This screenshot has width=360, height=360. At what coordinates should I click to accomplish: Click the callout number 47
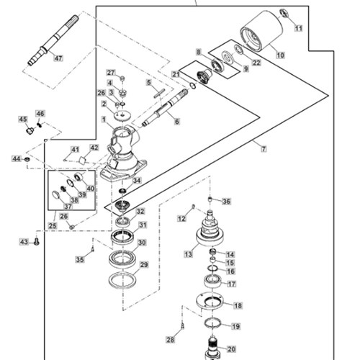tap(58, 58)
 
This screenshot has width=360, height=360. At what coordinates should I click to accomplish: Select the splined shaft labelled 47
tap(53, 40)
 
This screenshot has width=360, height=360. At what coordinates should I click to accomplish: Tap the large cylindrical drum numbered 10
tap(261, 31)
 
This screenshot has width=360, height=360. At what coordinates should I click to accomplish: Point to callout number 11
tap(298, 28)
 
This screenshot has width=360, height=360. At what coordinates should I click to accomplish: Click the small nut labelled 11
tap(284, 13)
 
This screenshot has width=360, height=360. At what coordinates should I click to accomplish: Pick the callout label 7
tap(264, 149)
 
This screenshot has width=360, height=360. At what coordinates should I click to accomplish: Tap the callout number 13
tap(189, 254)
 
